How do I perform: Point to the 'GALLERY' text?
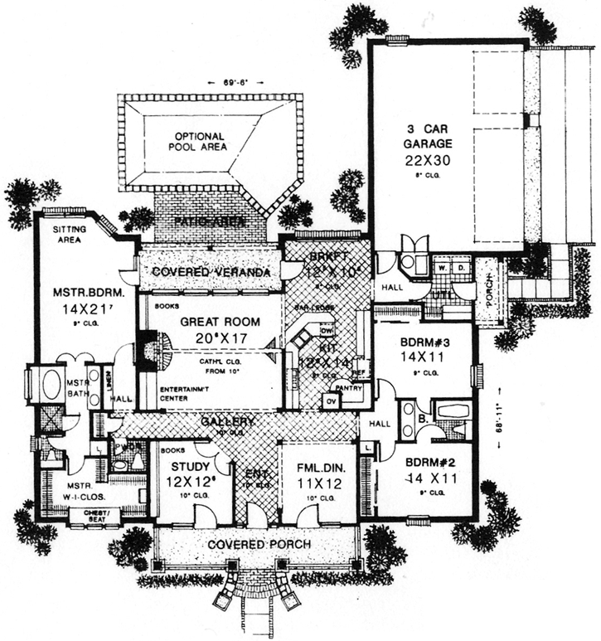tap(225, 422)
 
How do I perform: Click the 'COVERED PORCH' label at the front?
tap(259, 544)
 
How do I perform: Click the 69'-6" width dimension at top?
tap(236, 81)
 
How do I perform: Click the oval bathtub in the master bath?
tap(48, 386)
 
